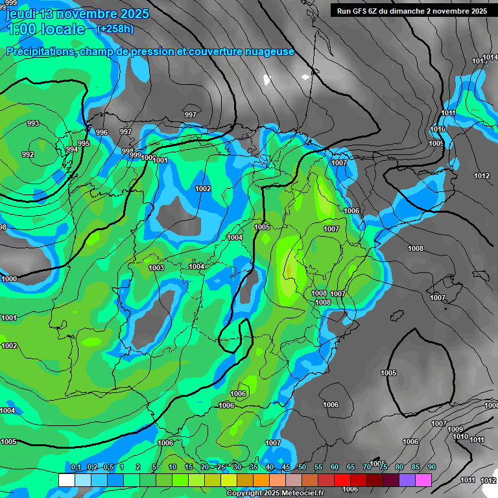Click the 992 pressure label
pos(28,154)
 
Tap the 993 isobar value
pos(33,123)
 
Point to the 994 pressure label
pos(72,149)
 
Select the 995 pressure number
pos(84,143)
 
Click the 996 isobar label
pos(102,132)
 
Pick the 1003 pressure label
pos(156,268)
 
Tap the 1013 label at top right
pos(480,60)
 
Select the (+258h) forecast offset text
pos(115,29)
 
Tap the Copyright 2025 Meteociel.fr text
pos(274,493)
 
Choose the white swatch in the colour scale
pos(66,480)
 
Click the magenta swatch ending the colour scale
pos(423,480)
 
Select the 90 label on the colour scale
pos(432,467)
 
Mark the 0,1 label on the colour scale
pos(76,467)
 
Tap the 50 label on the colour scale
pos(302,467)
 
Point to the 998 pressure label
pos(128,151)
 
